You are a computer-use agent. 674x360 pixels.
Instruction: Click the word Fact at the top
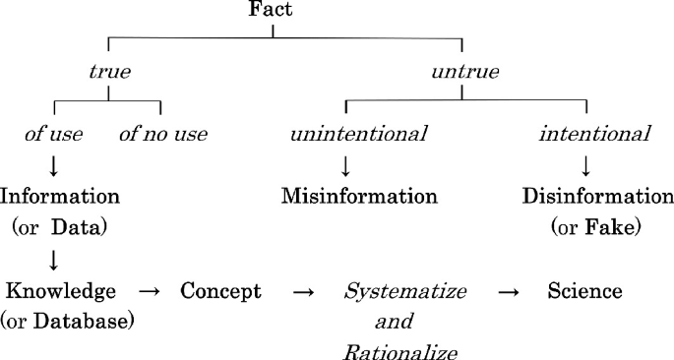pyautogui.click(x=273, y=12)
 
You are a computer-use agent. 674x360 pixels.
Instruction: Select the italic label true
pyautogui.click(x=109, y=73)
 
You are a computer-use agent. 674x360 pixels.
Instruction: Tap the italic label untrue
pyautogui.click(x=464, y=73)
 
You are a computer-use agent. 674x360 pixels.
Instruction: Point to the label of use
pyautogui.click(x=54, y=134)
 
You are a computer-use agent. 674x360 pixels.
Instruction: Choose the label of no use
pyautogui.click(x=163, y=134)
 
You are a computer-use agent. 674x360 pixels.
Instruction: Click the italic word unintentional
pyautogui.click(x=358, y=134)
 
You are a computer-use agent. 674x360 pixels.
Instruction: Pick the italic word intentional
pyautogui.click(x=593, y=134)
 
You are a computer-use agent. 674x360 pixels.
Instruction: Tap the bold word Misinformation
pyautogui.click(x=358, y=196)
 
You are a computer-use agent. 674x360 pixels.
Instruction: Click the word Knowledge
pyautogui.click(x=61, y=291)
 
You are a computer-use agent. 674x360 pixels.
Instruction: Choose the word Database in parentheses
pyautogui.click(x=83, y=321)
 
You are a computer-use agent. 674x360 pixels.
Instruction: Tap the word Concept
pyautogui.click(x=221, y=291)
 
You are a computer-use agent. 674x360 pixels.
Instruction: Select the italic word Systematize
pyautogui.click(x=404, y=292)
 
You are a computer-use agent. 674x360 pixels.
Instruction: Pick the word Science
pyautogui.click(x=584, y=291)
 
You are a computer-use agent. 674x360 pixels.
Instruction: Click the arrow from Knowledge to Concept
pyautogui.click(x=149, y=291)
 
